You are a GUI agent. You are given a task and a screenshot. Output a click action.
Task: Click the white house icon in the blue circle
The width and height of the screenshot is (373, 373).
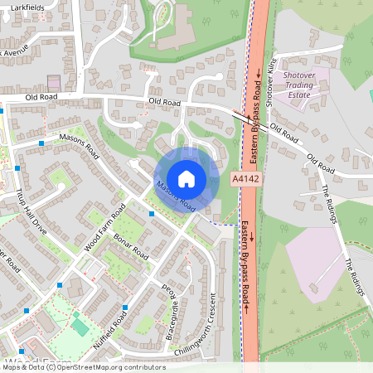point(186,177)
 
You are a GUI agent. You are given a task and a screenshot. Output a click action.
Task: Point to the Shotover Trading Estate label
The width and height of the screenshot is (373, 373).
point(304,85)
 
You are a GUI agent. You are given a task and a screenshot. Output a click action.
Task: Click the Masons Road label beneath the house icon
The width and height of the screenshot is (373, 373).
point(175,194)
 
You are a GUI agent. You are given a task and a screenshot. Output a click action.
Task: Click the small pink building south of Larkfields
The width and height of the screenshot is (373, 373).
point(54,83)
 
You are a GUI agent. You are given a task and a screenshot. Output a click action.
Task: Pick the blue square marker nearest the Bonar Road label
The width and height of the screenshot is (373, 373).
point(152,214)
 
